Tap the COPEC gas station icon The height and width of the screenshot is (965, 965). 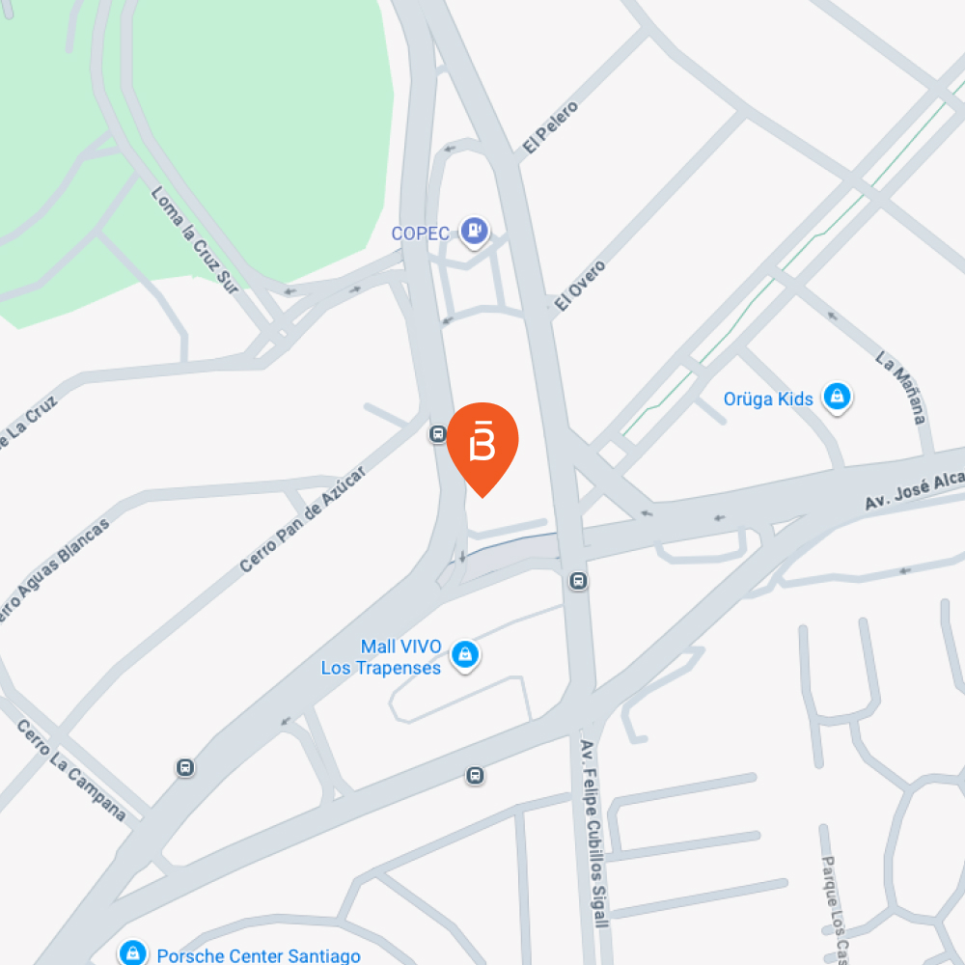point(474,232)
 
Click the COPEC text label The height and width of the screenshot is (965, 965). point(424,233)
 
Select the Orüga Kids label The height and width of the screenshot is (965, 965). point(768,399)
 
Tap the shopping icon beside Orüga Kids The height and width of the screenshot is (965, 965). point(837,397)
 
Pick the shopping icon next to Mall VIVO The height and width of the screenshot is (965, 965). point(466,655)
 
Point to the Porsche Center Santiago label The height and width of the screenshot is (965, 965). point(259,955)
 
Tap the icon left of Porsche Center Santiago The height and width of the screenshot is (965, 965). point(132,953)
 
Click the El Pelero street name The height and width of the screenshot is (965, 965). point(550,127)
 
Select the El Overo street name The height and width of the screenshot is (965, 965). point(580,285)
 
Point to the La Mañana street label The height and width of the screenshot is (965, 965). point(901,388)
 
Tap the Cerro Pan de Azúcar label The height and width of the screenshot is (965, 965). point(303,519)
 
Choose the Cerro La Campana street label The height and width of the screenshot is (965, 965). point(72,771)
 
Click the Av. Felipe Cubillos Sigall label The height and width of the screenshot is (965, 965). point(594,834)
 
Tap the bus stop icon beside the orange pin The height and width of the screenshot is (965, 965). point(437,434)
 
